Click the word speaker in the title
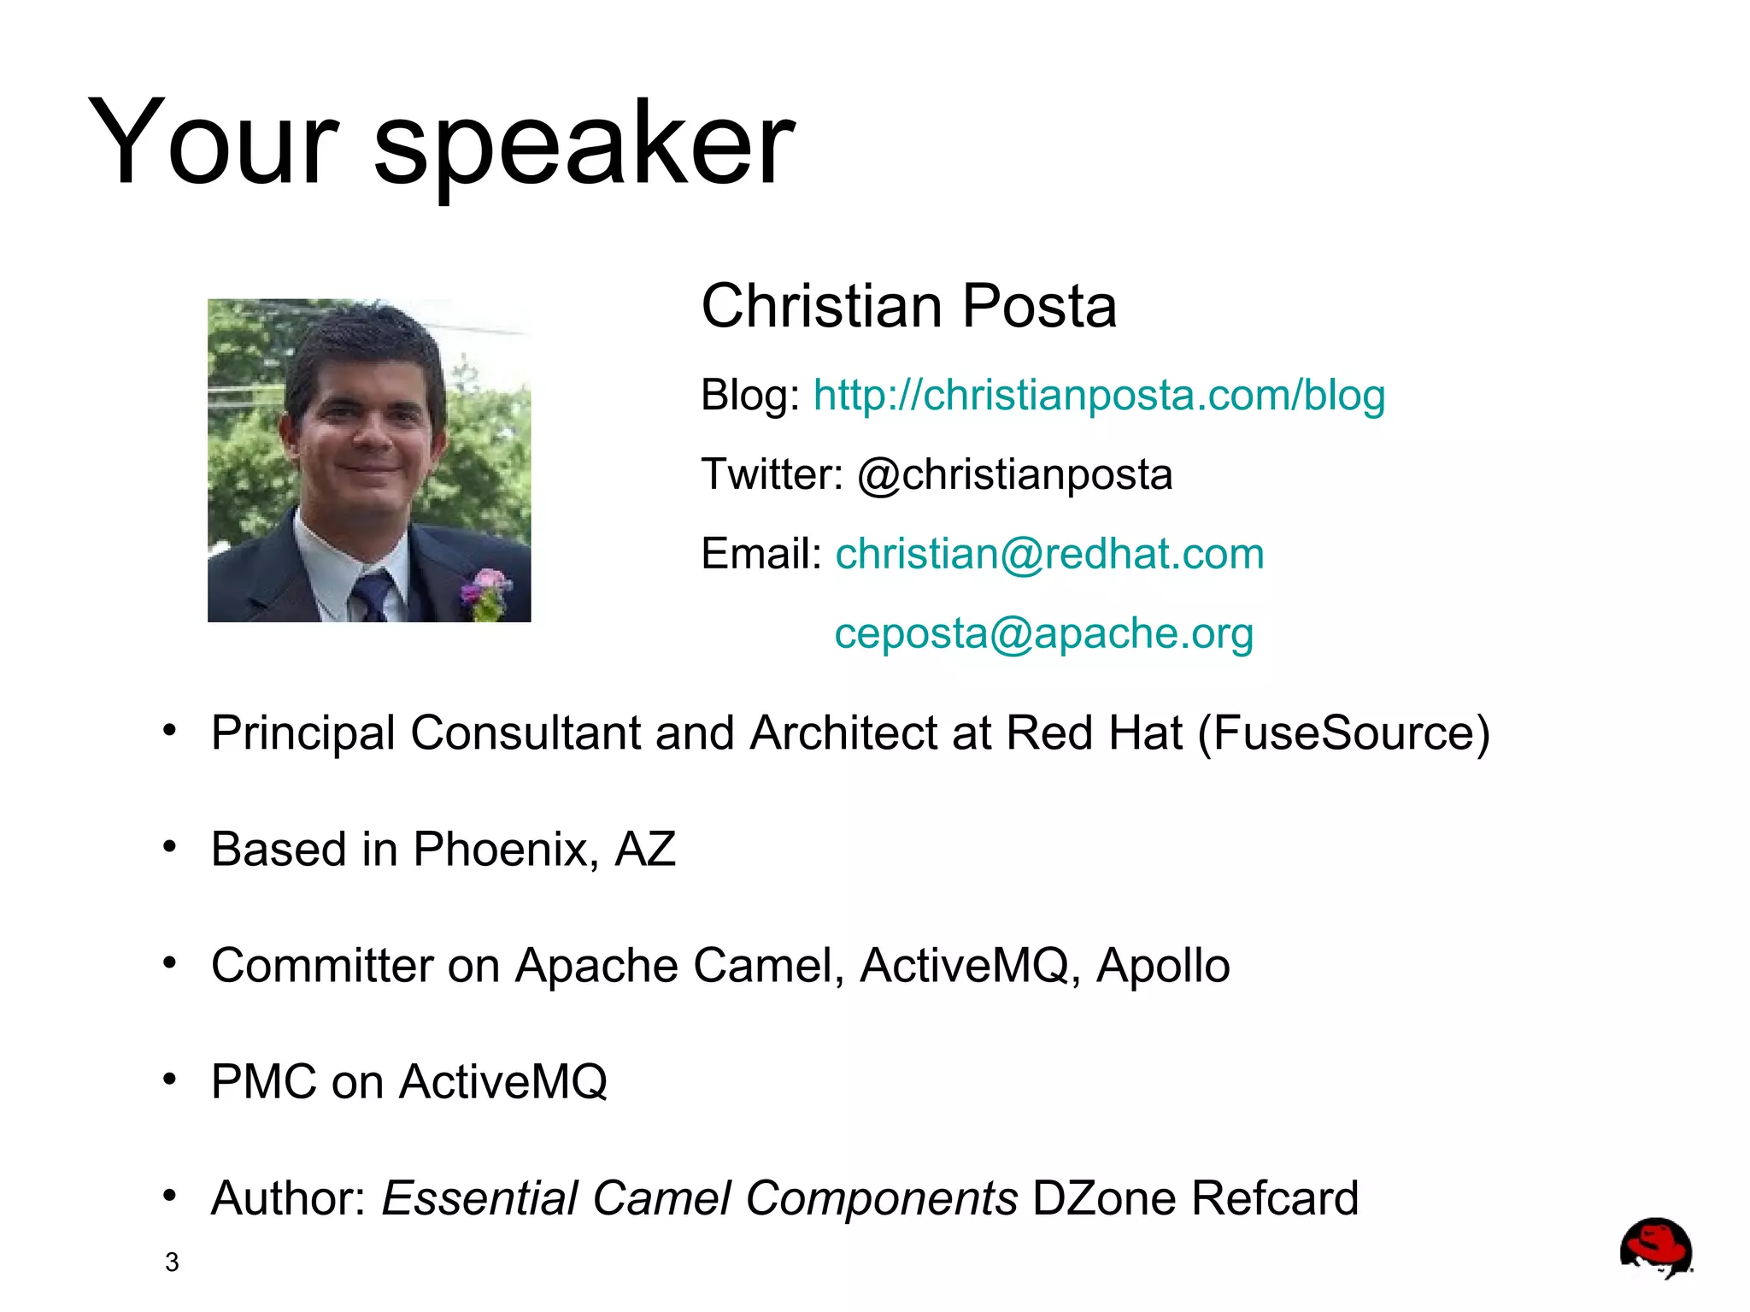[584, 144]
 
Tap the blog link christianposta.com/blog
[1099, 395]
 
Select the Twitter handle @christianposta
[1014, 474]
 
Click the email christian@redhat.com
[1049, 554]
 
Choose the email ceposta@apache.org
[1043, 633]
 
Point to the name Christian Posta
[908, 306]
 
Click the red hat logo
[1655, 1247]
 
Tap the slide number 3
[172, 1262]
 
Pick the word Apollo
[1163, 966]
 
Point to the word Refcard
[1275, 1198]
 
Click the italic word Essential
[479, 1198]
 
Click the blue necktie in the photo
[373, 595]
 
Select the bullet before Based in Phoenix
[170, 847]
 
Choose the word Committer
[322, 966]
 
